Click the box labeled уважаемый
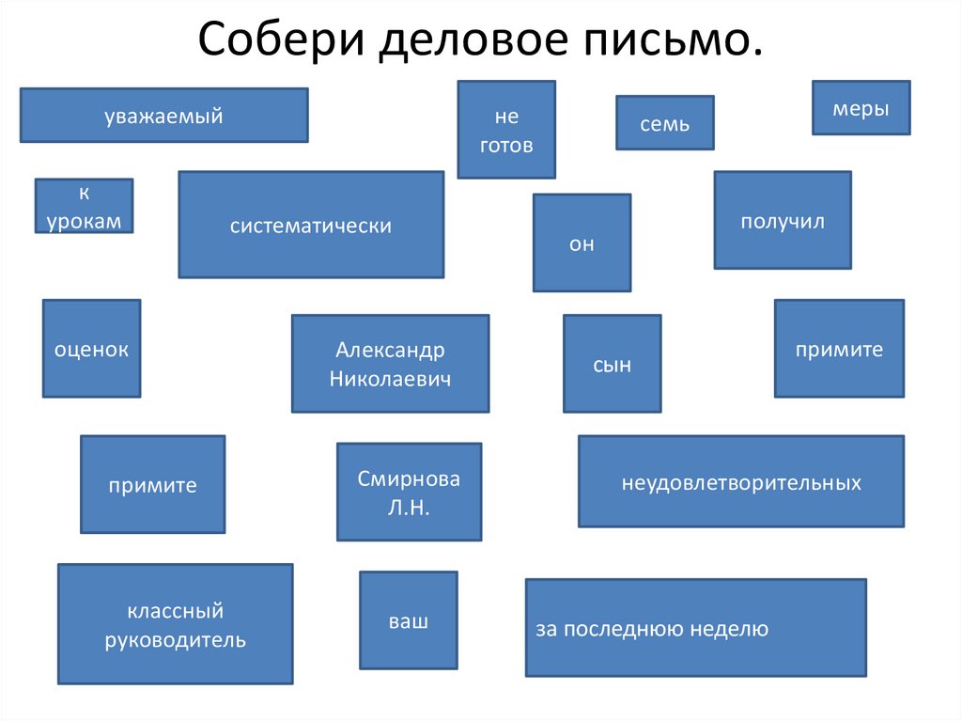click(163, 116)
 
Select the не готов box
click(506, 130)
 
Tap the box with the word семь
click(664, 123)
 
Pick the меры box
click(861, 109)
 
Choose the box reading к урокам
click(85, 206)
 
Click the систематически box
click(311, 225)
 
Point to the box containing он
click(582, 243)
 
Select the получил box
click(782, 220)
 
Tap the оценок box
click(91, 349)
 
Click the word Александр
click(390, 350)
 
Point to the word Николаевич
click(390, 379)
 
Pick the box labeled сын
click(612, 364)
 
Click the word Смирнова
click(409, 478)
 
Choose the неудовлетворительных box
click(740, 481)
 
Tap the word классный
click(176, 611)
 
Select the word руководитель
click(176, 641)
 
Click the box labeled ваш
click(409, 620)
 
